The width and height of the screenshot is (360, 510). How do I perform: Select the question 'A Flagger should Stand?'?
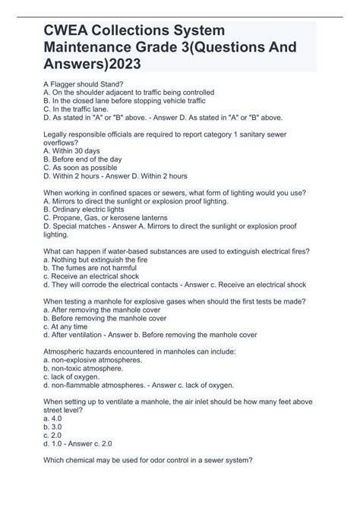[x=83, y=83]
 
